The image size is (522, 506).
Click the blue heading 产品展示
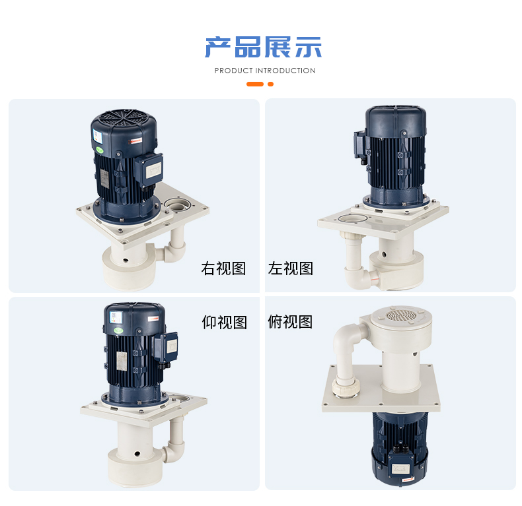click(x=263, y=47)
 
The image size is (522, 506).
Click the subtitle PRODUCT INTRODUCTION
click(x=265, y=71)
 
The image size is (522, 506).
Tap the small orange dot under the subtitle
click(x=271, y=84)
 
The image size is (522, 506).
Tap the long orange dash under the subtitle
click(x=255, y=84)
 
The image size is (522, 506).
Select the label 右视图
click(x=223, y=269)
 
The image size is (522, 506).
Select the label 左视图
click(x=291, y=269)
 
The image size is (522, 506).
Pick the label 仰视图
click(x=225, y=322)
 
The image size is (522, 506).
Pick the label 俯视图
click(x=290, y=322)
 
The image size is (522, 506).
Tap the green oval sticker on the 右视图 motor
click(x=100, y=150)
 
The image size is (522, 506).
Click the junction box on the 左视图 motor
click(x=360, y=145)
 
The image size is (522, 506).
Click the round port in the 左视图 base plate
click(x=353, y=218)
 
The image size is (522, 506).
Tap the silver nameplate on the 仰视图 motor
click(x=121, y=360)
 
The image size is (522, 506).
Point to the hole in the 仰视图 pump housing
click(x=137, y=453)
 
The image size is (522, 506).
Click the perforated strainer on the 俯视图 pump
click(x=402, y=315)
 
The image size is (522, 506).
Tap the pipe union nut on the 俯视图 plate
click(x=346, y=387)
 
